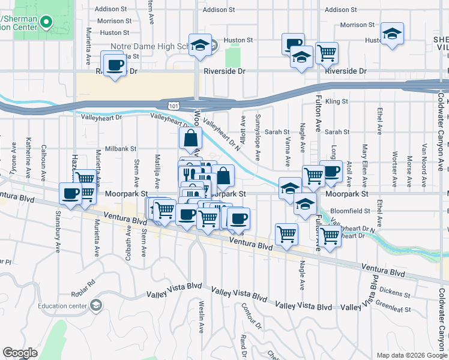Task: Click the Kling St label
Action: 337,102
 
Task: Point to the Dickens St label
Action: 394,293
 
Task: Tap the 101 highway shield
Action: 173,106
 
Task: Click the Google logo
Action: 20,352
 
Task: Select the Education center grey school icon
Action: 95,306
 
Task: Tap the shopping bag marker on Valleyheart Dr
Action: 190,138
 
